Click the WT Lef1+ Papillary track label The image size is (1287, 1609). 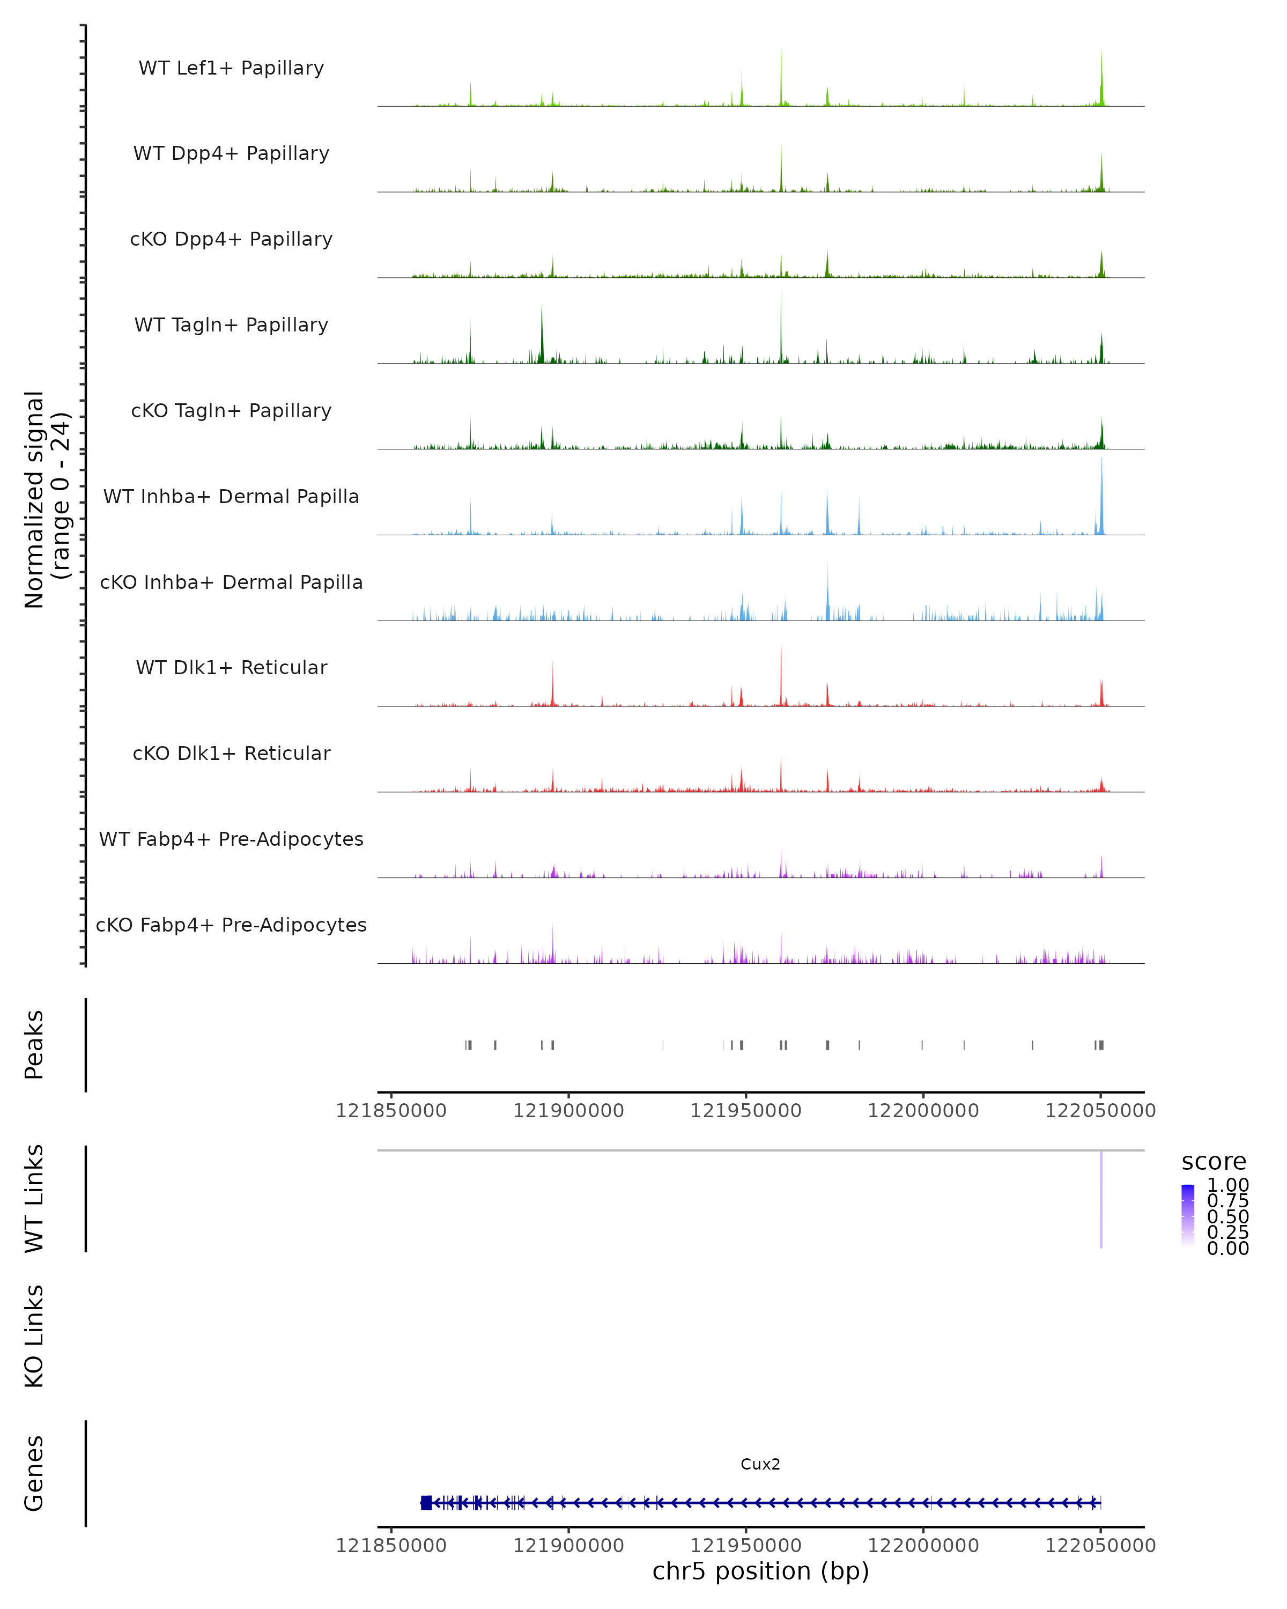(x=231, y=68)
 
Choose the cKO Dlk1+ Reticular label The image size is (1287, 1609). (x=231, y=753)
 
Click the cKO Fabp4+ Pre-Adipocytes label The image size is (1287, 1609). (x=231, y=925)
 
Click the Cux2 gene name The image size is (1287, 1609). (x=760, y=1464)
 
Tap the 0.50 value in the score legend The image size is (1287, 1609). (x=1227, y=1216)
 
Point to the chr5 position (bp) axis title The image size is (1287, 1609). (x=760, y=1571)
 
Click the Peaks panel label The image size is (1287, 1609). (x=34, y=1044)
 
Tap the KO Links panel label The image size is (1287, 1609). (x=34, y=1336)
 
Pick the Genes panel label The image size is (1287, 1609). (x=34, y=1473)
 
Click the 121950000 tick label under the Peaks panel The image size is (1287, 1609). (x=745, y=1111)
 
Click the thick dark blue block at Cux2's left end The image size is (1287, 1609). (x=426, y=1502)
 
